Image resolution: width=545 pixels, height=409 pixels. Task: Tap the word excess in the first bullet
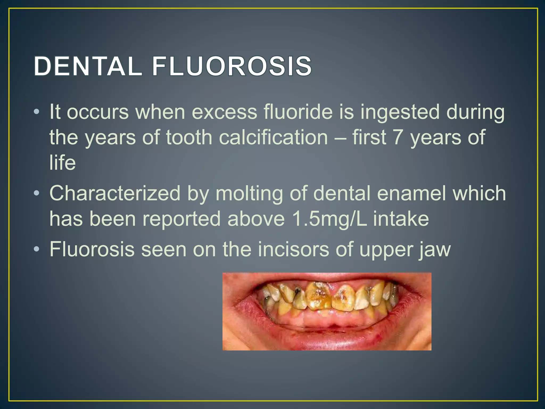(x=224, y=112)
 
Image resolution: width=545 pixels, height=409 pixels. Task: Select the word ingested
(x=400, y=112)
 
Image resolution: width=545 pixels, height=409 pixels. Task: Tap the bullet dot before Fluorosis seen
(x=37, y=250)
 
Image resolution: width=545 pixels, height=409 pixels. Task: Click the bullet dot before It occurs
(x=37, y=112)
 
